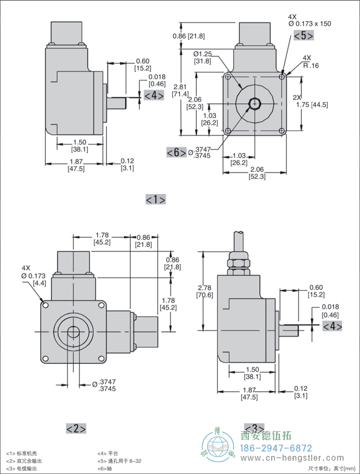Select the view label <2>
(x=76, y=428)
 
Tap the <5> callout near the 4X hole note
(x=303, y=36)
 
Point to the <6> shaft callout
(x=176, y=152)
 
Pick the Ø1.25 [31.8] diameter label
(x=203, y=57)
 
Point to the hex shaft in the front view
(x=254, y=104)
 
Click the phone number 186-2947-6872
(x=277, y=448)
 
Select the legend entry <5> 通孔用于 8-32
(x=119, y=462)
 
